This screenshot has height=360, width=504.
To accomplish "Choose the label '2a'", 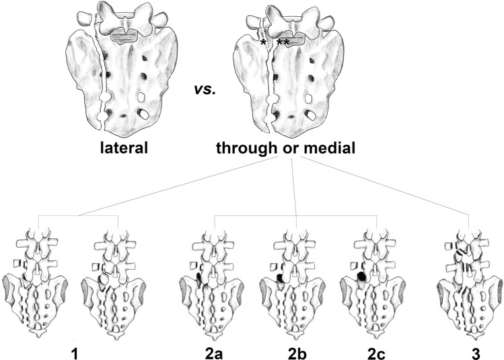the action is click(x=215, y=351).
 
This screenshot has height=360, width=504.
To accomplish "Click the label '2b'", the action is click(x=297, y=351).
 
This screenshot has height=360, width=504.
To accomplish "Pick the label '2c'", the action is click(x=380, y=351).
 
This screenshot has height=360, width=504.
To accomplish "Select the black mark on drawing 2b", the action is click(x=280, y=277).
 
